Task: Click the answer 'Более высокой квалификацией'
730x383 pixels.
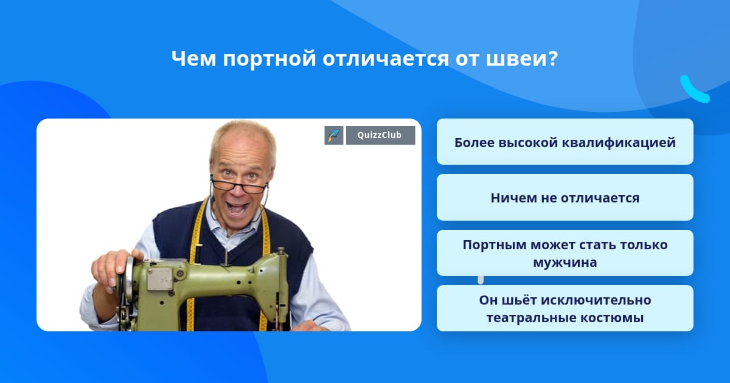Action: [x=565, y=142]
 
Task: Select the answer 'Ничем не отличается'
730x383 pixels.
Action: [x=565, y=198]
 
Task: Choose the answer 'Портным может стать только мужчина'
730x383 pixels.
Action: [x=565, y=253]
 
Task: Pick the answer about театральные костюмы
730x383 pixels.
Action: [x=565, y=308]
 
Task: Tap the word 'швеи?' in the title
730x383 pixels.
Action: [x=522, y=58]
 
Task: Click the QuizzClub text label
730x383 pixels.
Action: [x=380, y=135]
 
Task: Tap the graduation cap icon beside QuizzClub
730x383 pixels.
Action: [x=334, y=135]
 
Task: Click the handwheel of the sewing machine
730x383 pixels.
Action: [x=125, y=286]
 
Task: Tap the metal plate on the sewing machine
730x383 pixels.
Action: [x=159, y=279]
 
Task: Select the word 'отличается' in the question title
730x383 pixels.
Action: [x=386, y=58]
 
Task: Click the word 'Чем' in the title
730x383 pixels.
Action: [x=193, y=58]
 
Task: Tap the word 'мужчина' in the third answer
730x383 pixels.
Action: [x=565, y=263]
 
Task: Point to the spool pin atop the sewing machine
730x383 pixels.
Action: [x=226, y=254]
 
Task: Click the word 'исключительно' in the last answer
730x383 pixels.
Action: [x=596, y=300]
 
